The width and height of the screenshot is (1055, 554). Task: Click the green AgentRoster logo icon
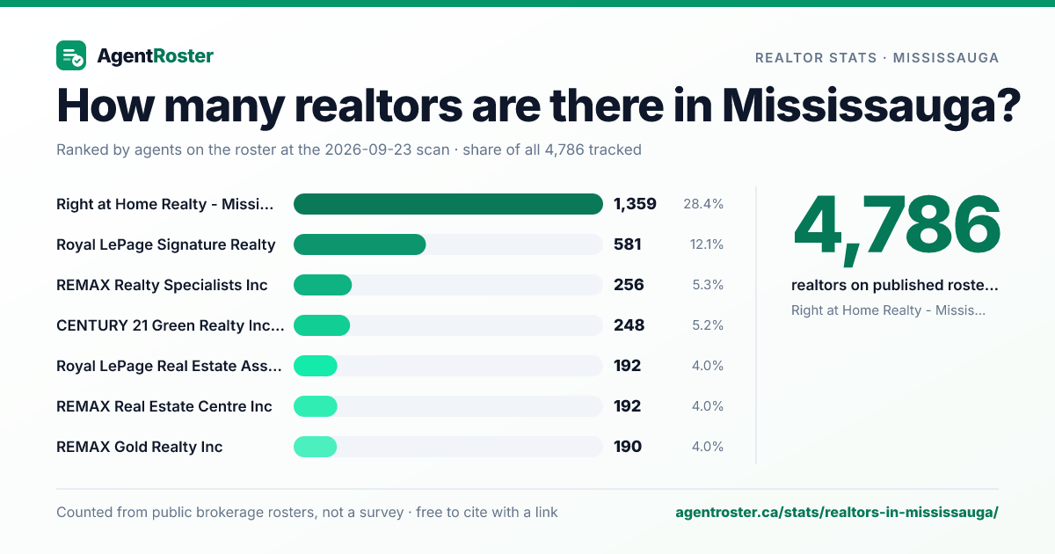pyautogui.click(x=71, y=55)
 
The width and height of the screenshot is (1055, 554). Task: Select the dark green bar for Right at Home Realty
pyautogui.click(x=447, y=204)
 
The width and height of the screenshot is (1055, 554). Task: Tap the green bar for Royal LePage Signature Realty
pyautogui.click(x=360, y=244)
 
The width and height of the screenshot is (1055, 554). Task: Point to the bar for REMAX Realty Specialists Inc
pyautogui.click(x=323, y=285)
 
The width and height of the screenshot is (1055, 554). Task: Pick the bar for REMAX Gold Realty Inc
pyautogui.click(x=315, y=447)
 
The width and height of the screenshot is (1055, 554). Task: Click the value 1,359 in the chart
pyautogui.click(x=635, y=204)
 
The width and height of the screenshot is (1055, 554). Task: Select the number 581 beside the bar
pyautogui.click(x=628, y=244)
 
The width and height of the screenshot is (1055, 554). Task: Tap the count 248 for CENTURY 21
pyautogui.click(x=629, y=325)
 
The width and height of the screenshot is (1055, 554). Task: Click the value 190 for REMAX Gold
pyautogui.click(x=628, y=447)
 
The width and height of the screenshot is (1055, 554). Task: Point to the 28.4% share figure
pyautogui.click(x=703, y=204)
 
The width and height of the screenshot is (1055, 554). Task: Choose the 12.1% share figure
pyautogui.click(x=707, y=244)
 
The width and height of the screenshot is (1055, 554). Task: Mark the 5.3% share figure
pyautogui.click(x=708, y=285)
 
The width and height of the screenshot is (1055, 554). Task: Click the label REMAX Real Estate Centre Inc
pyautogui.click(x=164, y=406)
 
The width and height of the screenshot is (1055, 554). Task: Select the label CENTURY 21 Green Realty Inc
pyautogui.click(x=170, y=325)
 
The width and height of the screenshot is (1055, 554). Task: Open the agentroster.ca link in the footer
pyautogui.click(x=837, y=513)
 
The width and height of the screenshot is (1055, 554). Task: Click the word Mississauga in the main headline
pyautogui.click(x=871, y=106)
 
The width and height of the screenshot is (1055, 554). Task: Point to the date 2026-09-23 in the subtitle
pyautogui.click(x=387, y=149)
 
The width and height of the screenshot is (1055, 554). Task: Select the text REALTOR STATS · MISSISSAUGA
pyautogui.click(x=877, y=58)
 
